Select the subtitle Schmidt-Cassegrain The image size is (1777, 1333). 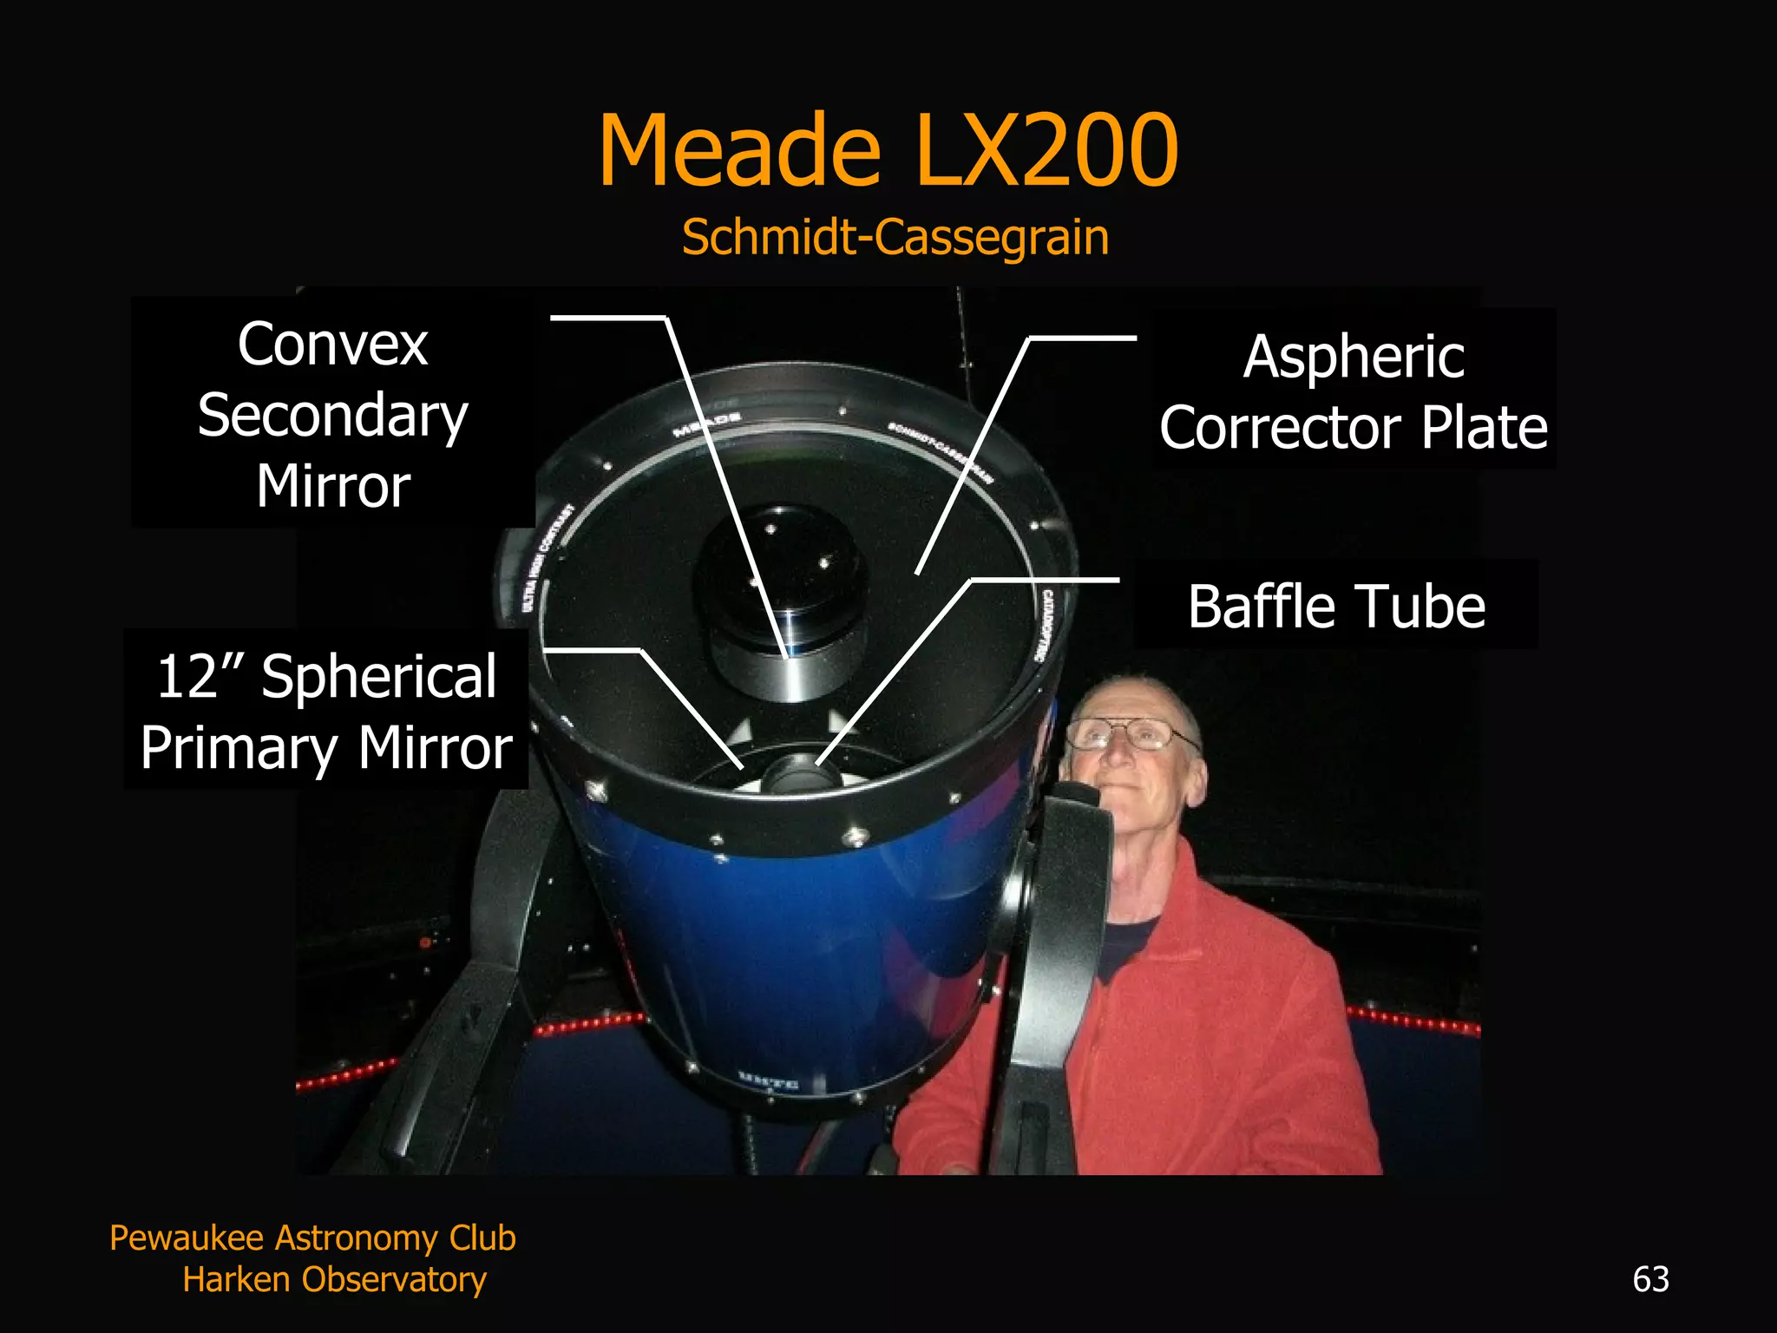pyautogui.click(x=895, y=237)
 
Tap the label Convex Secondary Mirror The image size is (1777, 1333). pyautogui.click(x=333, y=415)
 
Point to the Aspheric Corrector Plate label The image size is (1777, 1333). pyautogui.click(x=1354, y=391)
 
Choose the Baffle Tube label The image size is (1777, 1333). pyautogui.click(x=1336, y=606)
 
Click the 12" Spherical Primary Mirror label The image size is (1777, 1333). pyautogui.click(x=326, y=712)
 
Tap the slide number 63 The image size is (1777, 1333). pyautogui.click(x=1650, y=1279)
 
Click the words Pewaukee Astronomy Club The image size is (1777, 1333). pyautogui.click(x=312, y=1238)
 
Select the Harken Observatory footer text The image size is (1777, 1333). pyautogui.click(x=334, y=1279)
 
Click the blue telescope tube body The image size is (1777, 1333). pyautogui.click(x=781, y=955)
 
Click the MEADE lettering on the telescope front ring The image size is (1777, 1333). pyautogui.click(x=707, y=424)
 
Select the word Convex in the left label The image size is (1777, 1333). pyautogui.click(x=333, y=345)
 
